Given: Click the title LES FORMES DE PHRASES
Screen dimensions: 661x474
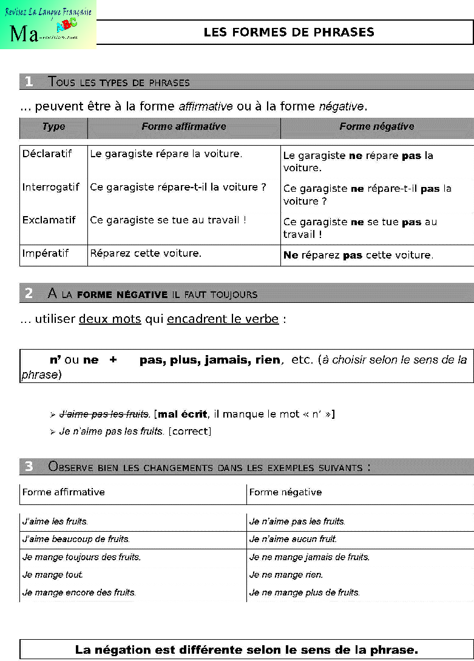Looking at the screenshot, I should click(x=289, y=32).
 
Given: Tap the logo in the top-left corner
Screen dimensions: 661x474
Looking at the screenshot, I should click(x=49, y=25).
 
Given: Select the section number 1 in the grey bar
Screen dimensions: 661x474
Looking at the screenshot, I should click(x=29, y=82).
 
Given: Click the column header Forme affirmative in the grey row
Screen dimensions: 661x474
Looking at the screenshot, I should click(x=183, y=127).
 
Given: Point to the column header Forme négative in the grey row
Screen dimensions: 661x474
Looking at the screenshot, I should click(x=376, y=127).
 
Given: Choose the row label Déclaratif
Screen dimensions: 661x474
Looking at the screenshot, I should click(x=47, y=154).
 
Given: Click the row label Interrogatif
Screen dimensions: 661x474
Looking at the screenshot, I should click(x=50, y=188).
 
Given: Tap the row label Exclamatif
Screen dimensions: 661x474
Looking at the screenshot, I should click(x=49, y=220).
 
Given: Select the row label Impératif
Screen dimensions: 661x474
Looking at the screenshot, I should click(x=46, y=253).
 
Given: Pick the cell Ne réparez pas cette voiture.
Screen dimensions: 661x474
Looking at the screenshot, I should click(x=358, y=256).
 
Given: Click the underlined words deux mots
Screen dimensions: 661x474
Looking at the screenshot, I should click(x=110, y=319).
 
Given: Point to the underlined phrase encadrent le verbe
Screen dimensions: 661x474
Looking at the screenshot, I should click(x=223, y=319).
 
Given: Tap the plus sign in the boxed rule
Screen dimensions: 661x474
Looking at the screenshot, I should click(x=113, y=360).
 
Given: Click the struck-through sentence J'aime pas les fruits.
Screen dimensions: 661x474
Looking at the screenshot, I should click(x=104, y=415).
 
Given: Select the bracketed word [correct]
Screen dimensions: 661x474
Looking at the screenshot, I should click(x=190, y=432).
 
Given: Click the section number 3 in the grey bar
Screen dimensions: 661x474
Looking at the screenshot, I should click(x=29, y=467).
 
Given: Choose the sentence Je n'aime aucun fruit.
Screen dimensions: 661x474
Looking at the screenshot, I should click(x=293, y=539).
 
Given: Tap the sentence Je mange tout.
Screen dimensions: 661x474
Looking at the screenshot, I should click(x=53, y=575).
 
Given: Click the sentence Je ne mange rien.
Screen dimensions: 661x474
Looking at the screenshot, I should click(x=286, y=575).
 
